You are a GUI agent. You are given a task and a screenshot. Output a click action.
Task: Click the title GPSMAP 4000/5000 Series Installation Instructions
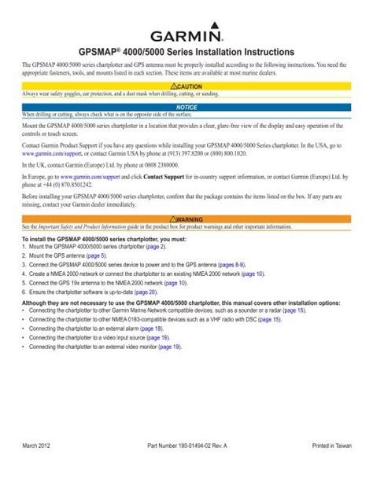(186, 50)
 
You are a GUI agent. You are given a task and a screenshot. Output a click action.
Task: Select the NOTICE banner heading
(186, 105)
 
